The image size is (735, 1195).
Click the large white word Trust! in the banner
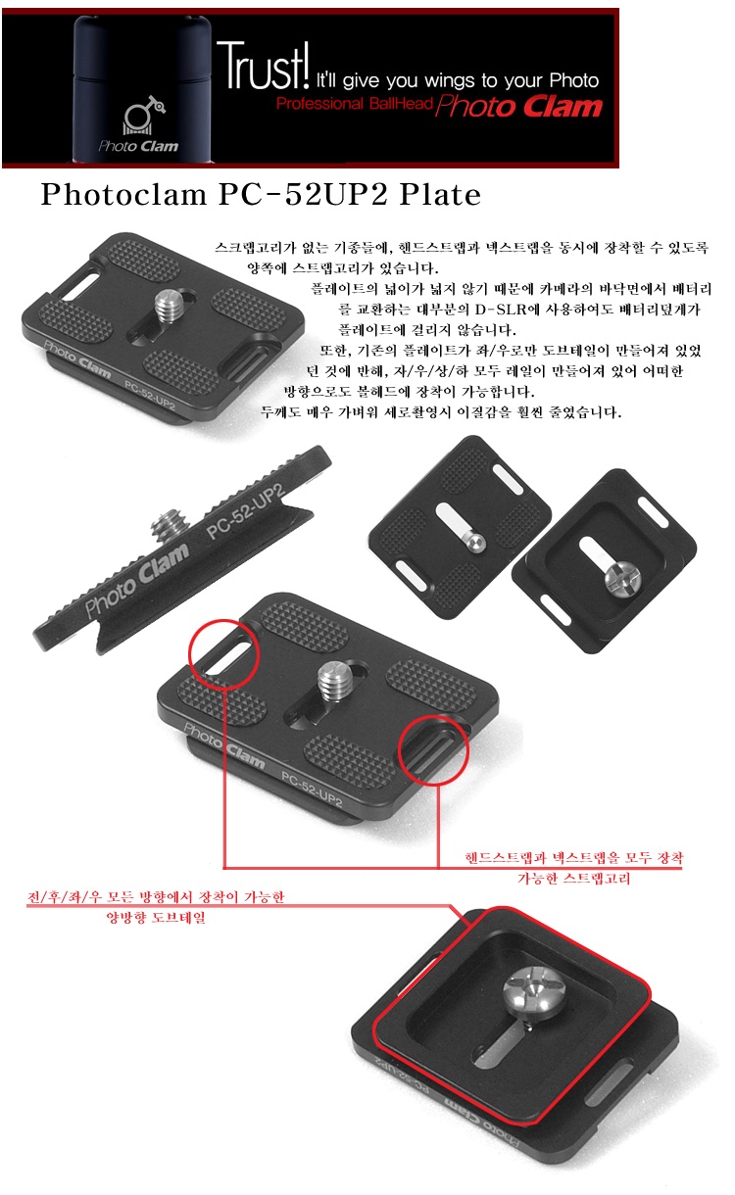[x=263, y=67]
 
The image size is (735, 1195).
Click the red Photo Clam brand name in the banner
[x=519, y=106]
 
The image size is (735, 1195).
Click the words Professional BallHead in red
[x=354, y=103]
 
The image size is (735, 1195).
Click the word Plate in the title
[x=440, y=194]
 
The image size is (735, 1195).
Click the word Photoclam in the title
[x=123, y=194]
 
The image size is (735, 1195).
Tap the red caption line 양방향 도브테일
[x=156, y=918]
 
